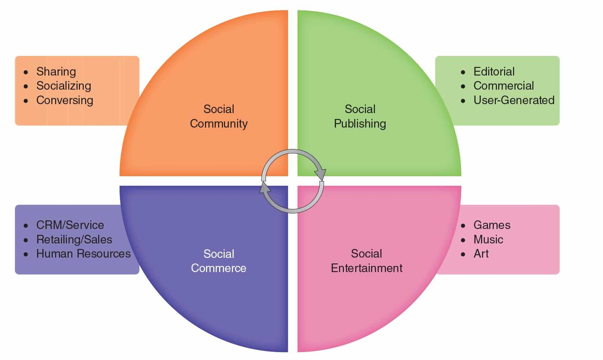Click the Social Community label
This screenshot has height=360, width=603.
coord(218,116)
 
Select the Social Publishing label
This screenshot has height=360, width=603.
coord(360,116)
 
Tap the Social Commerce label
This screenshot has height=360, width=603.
coord(218,261)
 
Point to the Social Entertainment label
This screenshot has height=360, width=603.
coord(366,261)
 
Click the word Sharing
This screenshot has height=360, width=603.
coord(56,71)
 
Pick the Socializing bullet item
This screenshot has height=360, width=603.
coord(64,86)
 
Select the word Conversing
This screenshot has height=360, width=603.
coord(65,100)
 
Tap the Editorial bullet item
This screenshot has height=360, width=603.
coord(494,71)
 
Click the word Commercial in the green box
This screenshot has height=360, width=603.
coord(503,86)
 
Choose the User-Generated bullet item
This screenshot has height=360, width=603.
coord(514,100)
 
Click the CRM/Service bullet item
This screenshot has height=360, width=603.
coord(70,225)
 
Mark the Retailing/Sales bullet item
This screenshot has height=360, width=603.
coord(74,240)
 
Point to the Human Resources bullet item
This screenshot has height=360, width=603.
coord(83,254)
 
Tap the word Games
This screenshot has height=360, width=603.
coord(492,225)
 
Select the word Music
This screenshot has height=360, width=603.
coord(488,240)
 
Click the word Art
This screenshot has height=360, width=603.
coord(481,254)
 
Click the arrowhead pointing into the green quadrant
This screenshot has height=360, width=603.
coord(321,174)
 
